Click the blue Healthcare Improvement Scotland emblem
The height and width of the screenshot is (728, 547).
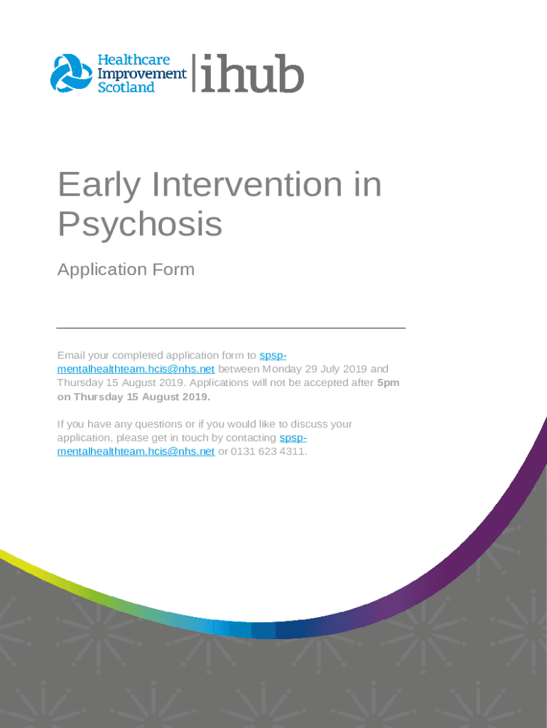pos(72,73)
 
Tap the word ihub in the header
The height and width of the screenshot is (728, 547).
pos(253,73)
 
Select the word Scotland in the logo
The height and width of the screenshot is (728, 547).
pos(126,87)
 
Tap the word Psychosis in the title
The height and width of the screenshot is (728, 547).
pos(140,224)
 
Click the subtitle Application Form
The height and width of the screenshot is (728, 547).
pos(126,269)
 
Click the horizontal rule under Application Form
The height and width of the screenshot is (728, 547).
pos(231,328)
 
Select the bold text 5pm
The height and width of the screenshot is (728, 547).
pos(388,383)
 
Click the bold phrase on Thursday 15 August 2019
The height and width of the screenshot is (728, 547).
pos(134,397)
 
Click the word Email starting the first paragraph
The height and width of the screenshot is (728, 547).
pos(71,355)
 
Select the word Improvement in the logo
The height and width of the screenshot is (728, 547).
pos(142,73)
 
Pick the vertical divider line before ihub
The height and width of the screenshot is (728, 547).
pos(194,73)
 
